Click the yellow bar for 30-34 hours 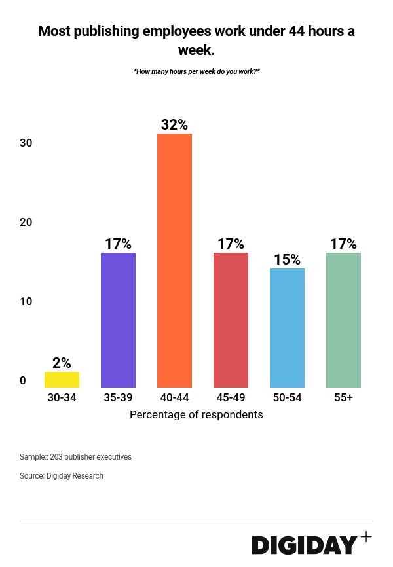[62, 380]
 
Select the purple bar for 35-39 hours [118, 320]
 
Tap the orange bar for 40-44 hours [174, 261]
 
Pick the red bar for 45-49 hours [231, 320]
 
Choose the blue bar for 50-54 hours [287, 328]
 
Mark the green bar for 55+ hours [343, 320]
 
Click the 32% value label [174, 124]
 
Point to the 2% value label [62, 363]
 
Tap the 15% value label [287, 260]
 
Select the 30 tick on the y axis [26, 143]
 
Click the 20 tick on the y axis [26, 222]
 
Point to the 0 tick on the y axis [23, 380]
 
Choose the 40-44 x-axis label [174, 397]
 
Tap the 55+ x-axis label [343, 397]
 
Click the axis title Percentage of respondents [196, 414]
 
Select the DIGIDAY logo [305, 545]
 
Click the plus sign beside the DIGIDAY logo [366, 537]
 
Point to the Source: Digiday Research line [62, 476]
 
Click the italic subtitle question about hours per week [196, 71]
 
